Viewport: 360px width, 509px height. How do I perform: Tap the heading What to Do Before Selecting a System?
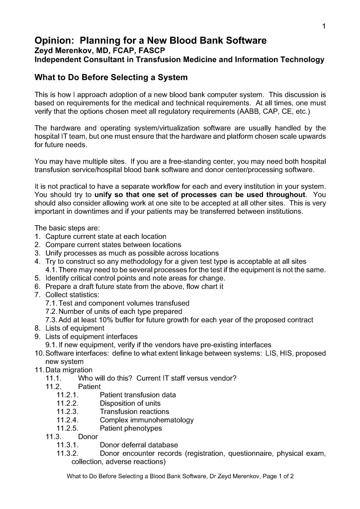(110, 78)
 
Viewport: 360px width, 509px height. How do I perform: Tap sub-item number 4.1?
(52, 270)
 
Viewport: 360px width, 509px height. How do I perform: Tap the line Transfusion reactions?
(134, 412)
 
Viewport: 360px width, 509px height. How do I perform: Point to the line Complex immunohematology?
(147, 420)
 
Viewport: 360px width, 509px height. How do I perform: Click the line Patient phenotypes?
(131, 428)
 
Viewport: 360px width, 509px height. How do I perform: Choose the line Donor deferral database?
(139, 445)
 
